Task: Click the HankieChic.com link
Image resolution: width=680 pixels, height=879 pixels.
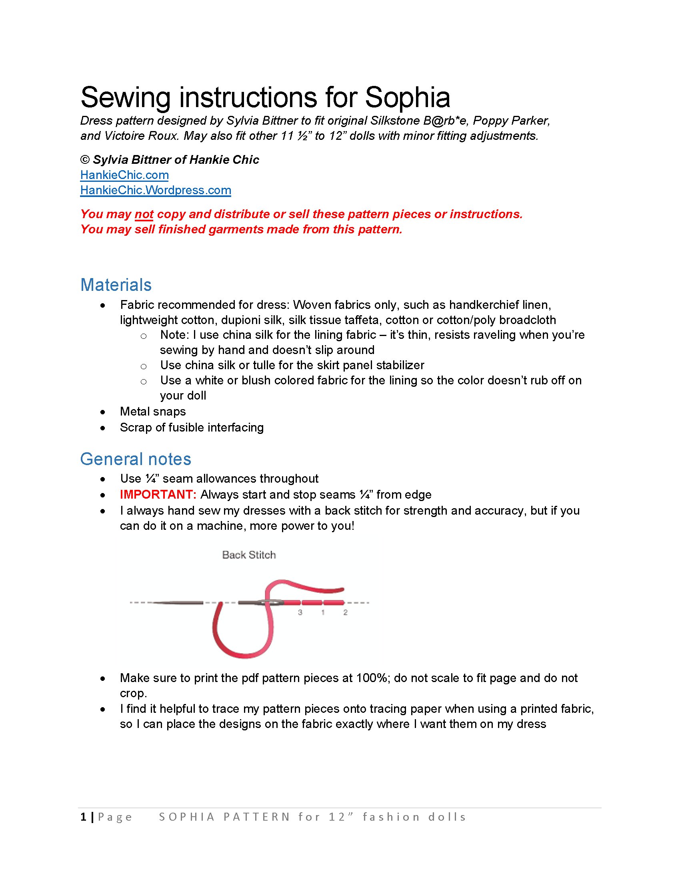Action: (124, 175)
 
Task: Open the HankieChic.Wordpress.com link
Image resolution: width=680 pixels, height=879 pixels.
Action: (156, 190)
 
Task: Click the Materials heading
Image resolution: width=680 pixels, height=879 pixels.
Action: (116, 285)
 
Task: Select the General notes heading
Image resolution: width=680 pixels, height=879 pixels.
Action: (135, 459)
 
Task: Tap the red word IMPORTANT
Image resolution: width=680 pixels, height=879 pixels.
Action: (158, 495)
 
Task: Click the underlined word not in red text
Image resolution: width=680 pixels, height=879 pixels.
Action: (144, 214)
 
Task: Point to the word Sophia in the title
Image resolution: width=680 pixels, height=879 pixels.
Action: (407, 97)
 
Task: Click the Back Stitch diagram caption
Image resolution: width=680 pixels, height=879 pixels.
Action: (249, 555)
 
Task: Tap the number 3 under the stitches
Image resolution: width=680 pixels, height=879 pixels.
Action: (300, 613)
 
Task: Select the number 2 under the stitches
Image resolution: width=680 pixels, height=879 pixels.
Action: (345, 613)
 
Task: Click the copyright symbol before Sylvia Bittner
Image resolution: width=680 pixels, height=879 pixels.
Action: (84, 160)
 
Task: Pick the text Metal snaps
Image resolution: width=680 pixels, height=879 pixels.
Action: (153, 412)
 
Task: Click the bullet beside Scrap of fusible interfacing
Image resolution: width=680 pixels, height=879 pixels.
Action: (103, 428)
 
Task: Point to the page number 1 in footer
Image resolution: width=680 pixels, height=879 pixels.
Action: (83, 817)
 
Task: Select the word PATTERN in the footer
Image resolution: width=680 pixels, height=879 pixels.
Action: (257, 817)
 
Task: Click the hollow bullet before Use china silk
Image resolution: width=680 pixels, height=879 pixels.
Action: (144, 366)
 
